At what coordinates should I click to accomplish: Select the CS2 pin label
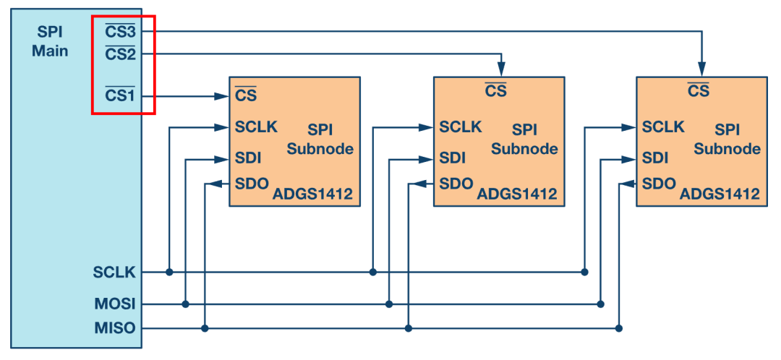point(120,53)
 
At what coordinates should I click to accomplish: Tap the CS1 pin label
point(120,95)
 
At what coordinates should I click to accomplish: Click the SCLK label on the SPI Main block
point(114,273)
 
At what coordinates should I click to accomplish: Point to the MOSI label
point(114,304)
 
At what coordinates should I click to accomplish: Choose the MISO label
point(114,329)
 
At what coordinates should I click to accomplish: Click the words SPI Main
point(51,41)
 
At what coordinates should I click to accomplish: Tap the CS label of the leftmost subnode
point(246,93)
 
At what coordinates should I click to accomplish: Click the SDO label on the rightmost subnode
point(659,183)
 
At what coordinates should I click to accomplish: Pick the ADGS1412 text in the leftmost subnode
point(312,194)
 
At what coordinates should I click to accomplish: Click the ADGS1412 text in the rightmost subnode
point(720,194)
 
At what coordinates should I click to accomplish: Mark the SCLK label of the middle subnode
point(461,127)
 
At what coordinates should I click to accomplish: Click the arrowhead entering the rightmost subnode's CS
point(701,69)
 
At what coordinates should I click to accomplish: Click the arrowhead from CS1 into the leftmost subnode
point(222,95)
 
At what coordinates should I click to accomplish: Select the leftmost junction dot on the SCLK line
point(169,273)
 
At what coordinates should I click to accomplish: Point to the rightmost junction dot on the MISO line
point(618,329)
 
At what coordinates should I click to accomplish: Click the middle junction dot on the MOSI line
point(389,304)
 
